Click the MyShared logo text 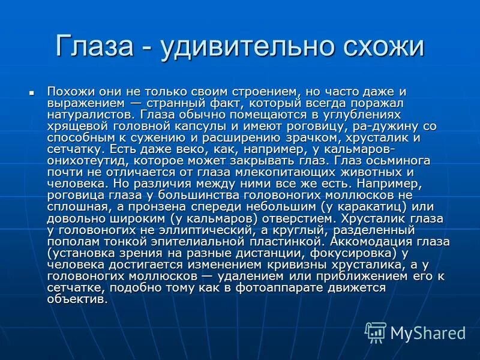pos(428,333)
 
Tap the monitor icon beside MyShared pos(376,332)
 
